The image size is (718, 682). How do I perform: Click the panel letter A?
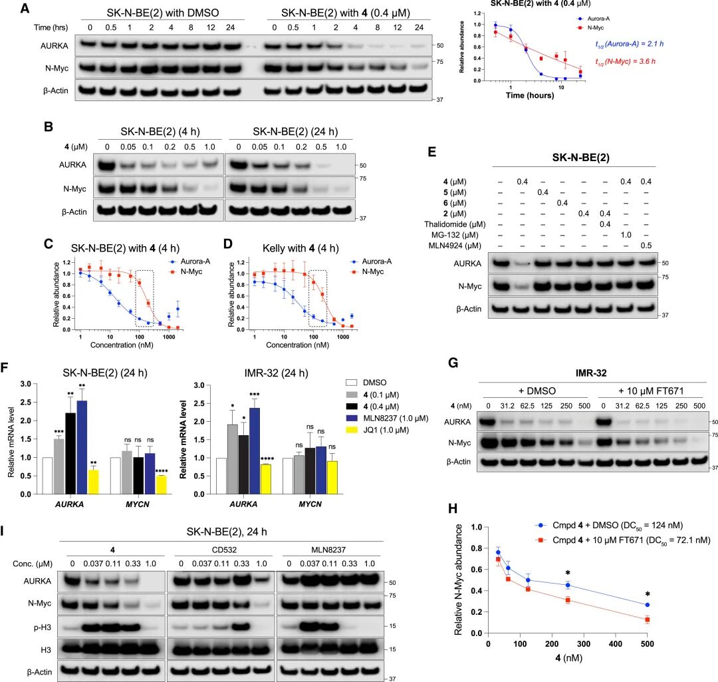click(x=25, y=9)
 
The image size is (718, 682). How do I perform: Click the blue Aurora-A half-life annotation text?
click(x=629, y=44)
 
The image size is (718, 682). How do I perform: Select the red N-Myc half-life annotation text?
click(x=625, y=61)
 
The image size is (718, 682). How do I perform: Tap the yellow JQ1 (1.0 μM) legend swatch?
click(x=351, y=430)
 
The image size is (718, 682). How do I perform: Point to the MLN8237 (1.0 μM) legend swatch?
click(x=351, y=418)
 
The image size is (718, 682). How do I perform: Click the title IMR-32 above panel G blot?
click(x=591, y=373)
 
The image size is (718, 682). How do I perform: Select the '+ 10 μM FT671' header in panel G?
click(x=651, y=391)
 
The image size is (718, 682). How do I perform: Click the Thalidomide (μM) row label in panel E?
click(x=455, y=224)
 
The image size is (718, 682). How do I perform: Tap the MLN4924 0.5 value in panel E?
click(x=646, y=246)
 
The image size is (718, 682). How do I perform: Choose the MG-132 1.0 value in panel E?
click(x=626, y=235)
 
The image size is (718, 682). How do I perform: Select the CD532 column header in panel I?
click(x=225, y=550)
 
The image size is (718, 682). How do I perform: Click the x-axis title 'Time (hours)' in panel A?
click(x=530, y=95)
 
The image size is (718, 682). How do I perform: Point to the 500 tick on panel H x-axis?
click(x=647, y=644)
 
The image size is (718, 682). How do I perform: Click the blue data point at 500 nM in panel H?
click(x=647, y=605)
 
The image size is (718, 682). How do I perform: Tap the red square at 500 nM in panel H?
click(x=647, y=619)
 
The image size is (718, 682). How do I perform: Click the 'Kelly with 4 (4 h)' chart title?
click(x=300, y=248)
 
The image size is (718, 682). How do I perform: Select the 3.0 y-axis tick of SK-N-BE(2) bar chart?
click(x=26, y=384)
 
